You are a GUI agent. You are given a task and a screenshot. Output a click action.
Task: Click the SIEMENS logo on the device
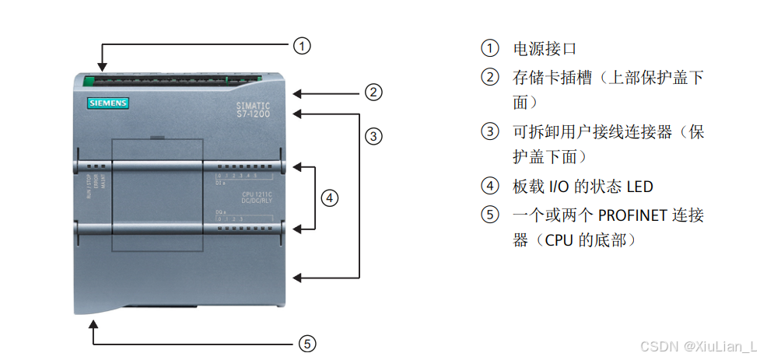107,103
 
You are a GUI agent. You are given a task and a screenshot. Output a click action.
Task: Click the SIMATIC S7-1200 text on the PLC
253,110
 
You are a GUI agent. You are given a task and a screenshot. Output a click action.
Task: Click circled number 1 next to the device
302,46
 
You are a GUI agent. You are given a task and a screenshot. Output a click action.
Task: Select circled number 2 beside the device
373,93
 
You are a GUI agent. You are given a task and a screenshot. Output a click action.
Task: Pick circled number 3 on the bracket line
373,136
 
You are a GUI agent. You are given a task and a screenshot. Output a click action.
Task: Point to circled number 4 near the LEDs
330,198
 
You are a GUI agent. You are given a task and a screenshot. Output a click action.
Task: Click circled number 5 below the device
307,343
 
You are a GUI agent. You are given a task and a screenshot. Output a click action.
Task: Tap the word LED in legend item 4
639,187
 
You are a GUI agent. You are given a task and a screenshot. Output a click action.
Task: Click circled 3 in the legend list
489,131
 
